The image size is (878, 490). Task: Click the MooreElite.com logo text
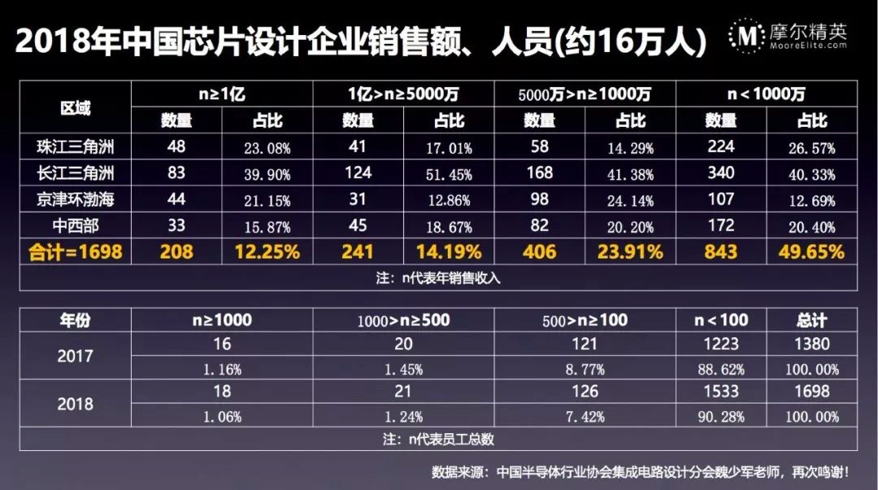808,46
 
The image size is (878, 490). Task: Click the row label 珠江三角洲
75,148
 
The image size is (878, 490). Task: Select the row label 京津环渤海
75,200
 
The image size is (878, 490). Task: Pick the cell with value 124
358,173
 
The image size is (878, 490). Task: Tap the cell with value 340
721,173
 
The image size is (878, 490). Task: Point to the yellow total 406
539,252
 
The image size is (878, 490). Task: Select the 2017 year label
75,356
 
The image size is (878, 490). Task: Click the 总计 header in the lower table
815,319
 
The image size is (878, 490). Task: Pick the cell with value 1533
721,391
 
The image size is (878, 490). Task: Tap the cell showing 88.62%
721,369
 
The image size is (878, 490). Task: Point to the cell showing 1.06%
221,417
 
